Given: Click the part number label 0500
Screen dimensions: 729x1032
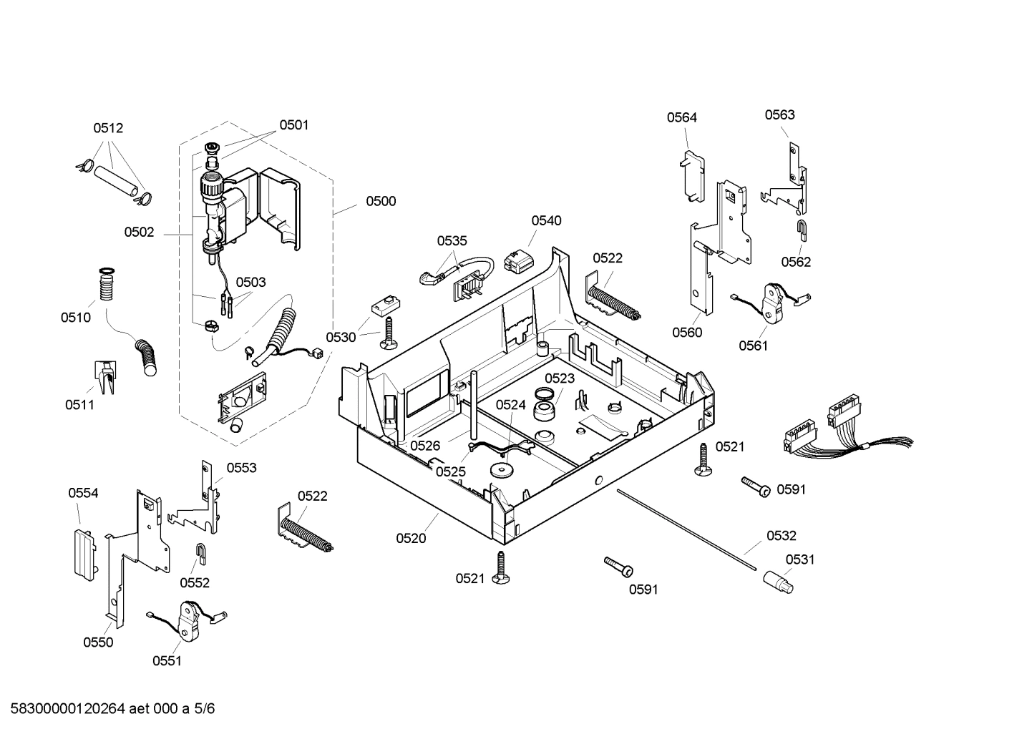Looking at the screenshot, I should (x=381, y=202).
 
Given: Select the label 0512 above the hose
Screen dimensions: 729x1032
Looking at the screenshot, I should (x=108, y=129).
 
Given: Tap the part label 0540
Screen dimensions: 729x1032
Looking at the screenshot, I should (x=546, y=221).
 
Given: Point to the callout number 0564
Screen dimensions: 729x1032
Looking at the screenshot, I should (x=681, y=118).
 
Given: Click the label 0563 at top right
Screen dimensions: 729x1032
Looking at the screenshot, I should (x=779, y=115).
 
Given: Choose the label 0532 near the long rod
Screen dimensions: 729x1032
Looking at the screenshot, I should (x=781, y=536).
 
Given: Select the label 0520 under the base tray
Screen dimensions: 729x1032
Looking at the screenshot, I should (x=411, y=539).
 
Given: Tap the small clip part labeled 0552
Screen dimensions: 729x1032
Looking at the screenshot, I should (x=202, y=552).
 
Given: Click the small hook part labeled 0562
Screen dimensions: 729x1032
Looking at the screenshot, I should (x=802, y=230).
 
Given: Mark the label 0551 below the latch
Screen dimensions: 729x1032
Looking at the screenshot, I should (x=167, y=661).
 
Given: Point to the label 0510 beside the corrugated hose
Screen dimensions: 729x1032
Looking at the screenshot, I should (x=76, y=317).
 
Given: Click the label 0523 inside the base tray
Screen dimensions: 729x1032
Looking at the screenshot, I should (x=560, y=379).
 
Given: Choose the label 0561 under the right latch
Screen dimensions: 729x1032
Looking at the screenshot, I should (x=753, y=346).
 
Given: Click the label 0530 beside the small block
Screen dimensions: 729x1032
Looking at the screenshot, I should (x=341, y=338).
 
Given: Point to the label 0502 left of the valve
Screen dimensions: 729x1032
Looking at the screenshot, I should (x=139, y=233).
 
